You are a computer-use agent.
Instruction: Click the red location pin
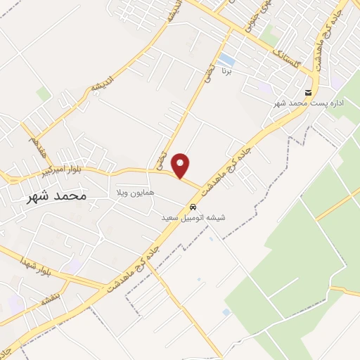[x=181, y=166]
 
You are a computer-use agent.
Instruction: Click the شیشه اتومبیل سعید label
[x=193, y=218]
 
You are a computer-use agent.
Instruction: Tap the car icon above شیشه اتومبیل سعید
[x=193, y=207]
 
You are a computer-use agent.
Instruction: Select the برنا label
[x=226, y=71]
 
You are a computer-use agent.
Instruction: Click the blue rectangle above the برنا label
[x=226, y=58]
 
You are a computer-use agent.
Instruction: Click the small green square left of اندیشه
[x=44, y=94]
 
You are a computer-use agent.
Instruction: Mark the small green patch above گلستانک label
[x=270, y=30]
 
